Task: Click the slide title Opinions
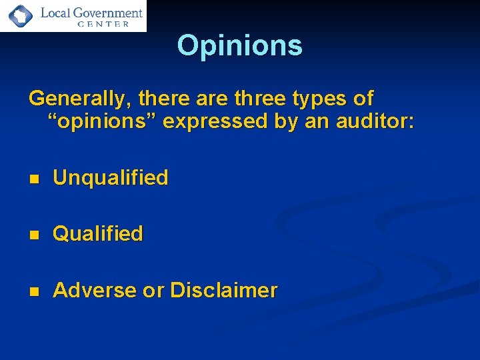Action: point(239,46)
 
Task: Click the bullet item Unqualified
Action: point(110,177)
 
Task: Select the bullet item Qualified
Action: point(97,234)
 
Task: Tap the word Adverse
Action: point(94,290)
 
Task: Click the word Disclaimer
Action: point(223,290)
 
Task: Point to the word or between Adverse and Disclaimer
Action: point(153,291)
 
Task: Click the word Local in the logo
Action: point(55,12)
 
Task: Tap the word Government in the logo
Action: point(108,12)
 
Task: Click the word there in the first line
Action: point(162,99)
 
